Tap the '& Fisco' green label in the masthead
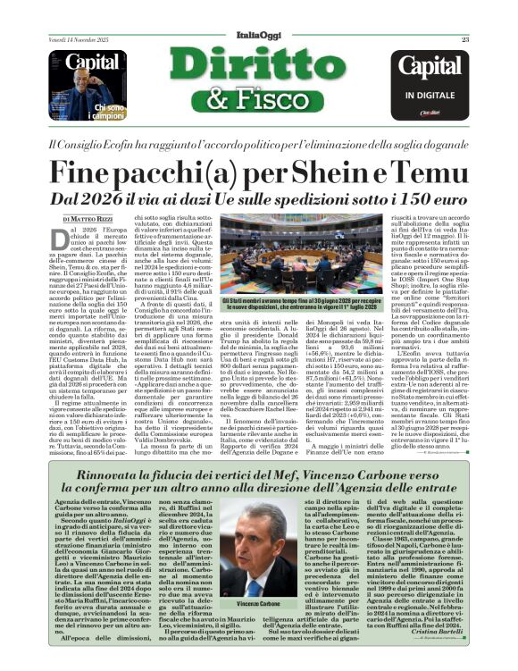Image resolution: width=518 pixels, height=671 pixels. tap(258, 101)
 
